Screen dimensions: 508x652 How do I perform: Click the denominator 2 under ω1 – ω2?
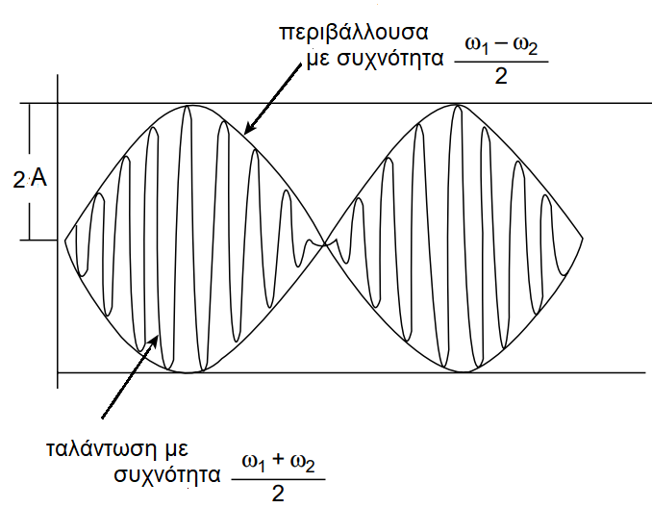pyautogui.click(x=500, y=77)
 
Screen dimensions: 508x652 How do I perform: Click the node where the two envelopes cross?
pyautogui.click(x=324, y=241)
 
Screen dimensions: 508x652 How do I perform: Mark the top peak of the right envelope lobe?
pyautogui.click(x=454, y=106)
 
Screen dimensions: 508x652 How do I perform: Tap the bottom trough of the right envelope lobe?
pyautogui.click(x=454, y=371)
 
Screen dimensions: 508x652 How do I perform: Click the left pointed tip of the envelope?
pyautogui.click(x=65, y=239)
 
